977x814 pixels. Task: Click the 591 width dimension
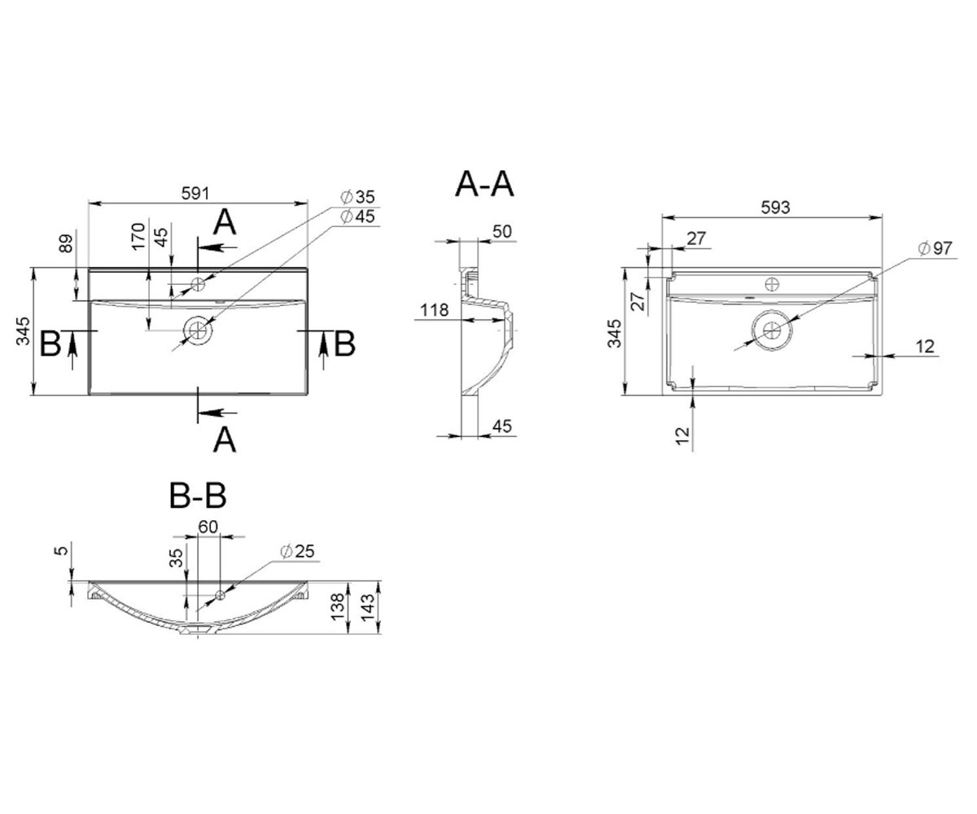tap(195, 193)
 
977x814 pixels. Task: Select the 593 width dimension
tap(775, 208)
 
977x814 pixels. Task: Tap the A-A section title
tap(484, 184)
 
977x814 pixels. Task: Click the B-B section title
tap(198, 496)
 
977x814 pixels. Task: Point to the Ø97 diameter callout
tap(935, 248)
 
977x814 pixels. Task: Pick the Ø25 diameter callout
tap(297, 551)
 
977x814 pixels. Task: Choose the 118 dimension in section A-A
tap(434, 309)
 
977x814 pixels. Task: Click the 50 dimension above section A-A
tap(502, 231)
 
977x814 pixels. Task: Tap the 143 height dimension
tap(368, 607)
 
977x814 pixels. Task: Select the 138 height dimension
tap(337, 607)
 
